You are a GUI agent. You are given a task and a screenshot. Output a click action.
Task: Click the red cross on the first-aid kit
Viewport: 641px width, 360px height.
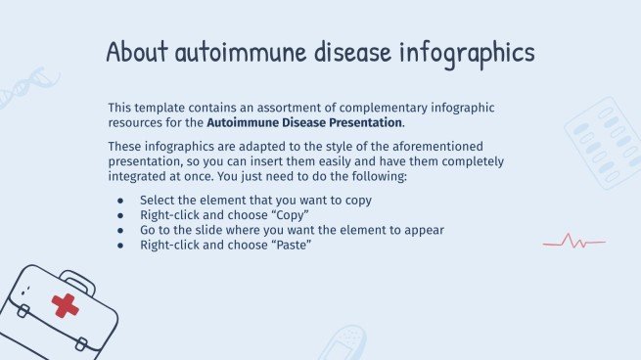click(66, 305)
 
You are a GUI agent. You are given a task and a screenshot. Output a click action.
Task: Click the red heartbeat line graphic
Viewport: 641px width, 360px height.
click(574, 242)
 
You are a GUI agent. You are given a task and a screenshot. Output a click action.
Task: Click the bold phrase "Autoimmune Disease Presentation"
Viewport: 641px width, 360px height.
click(304, 123)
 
